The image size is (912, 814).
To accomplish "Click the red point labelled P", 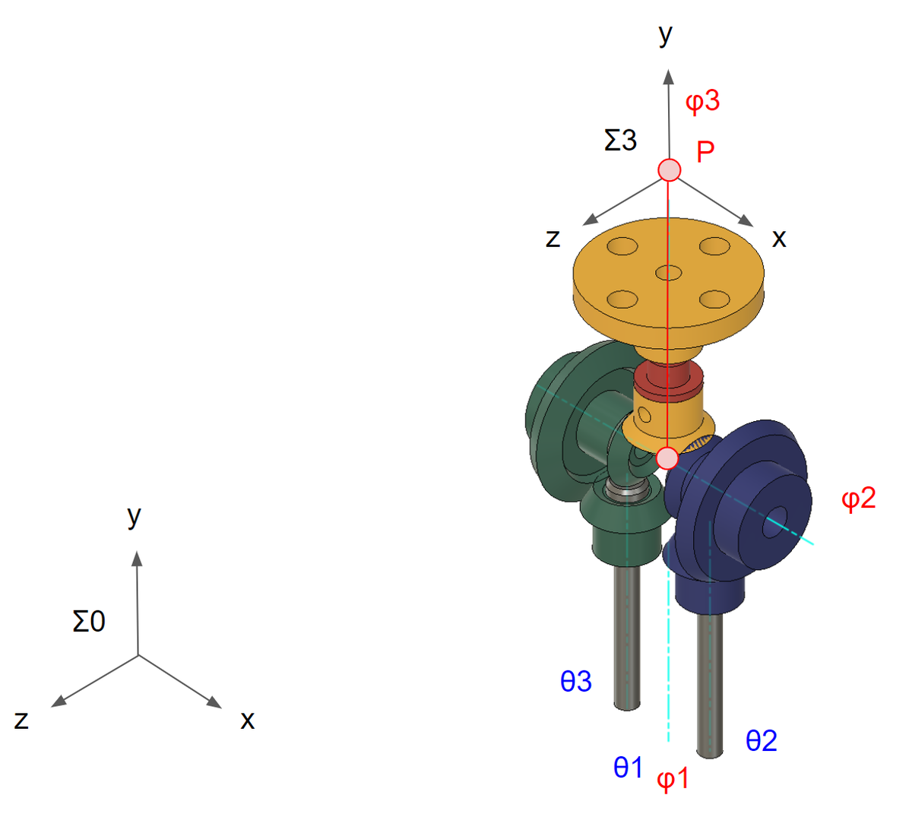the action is click(x=669, y=170).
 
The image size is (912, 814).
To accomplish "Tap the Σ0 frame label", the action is click(x=89, y=622).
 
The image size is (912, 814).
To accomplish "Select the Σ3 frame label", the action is click(x=620, y=140).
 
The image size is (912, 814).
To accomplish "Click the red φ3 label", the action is click(x=702, y=102).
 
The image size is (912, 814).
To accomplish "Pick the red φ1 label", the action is click(x=673, y=779).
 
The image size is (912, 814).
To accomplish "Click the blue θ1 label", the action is click(x=628, y=767).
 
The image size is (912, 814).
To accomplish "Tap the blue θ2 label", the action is click(x=762, y=740).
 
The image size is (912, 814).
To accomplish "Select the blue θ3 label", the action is click(x=576, y=681).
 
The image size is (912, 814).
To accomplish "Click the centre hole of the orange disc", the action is click(x=669, y=272).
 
